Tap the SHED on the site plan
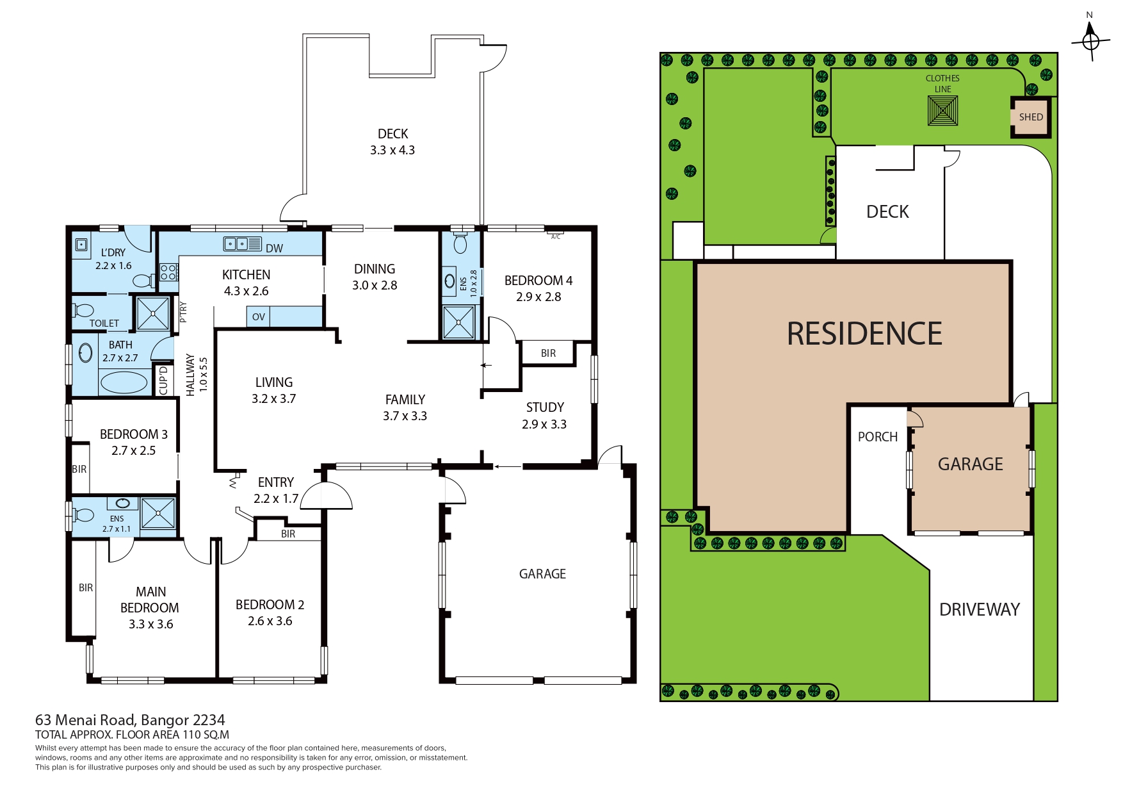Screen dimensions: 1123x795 [x=1031, y=117]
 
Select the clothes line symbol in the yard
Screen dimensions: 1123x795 [x=943, y=110]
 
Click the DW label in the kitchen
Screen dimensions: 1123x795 [x=274, y=249]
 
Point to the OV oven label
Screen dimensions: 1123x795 [x=259, y=316]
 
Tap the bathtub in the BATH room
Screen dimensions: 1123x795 [x=124, y=382]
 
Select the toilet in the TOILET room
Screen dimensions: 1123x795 [x=83, y=311]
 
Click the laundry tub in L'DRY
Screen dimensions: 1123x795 [x=81, y=244]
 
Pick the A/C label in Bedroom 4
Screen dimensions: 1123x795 [x=556, y=237]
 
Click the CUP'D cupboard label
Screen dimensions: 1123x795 [x=163, y=380]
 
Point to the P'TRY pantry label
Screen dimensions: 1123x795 [x=184, y=312]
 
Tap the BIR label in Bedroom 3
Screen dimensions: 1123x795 [x=79, y=469]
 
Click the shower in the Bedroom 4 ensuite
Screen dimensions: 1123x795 [x=459, y=322]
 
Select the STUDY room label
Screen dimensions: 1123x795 [x=545, y=407]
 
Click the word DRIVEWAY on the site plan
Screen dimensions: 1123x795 [x=980, y=609]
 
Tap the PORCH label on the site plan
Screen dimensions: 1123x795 [x=878, y=437]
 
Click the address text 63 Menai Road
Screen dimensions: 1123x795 [x=85, y=720]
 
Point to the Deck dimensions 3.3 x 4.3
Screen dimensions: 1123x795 [x=392, y=150]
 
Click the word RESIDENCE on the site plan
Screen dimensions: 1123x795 [x=864, y=334]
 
